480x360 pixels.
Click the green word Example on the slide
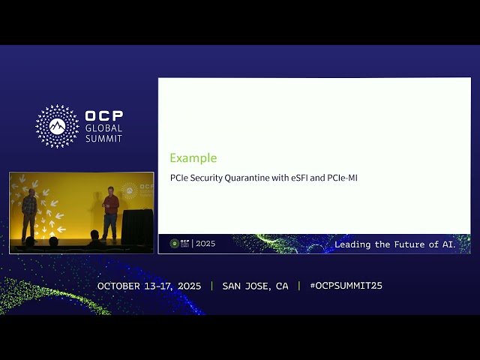(x=193, y=158)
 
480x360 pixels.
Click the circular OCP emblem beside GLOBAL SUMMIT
(x=57, y=126)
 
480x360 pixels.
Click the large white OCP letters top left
(x=104, y=116)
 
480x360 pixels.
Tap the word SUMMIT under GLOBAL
(x=103, y=139)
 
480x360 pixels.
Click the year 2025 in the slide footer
(x=205, y=244)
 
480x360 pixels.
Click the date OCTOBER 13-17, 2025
(x=150, y=286)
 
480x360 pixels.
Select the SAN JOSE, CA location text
(x=255, y=286)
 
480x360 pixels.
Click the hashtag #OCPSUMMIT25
(x=346, y=286)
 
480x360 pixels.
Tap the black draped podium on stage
(x=137, y=226)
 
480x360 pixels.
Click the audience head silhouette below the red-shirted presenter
(x=94, y=238)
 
